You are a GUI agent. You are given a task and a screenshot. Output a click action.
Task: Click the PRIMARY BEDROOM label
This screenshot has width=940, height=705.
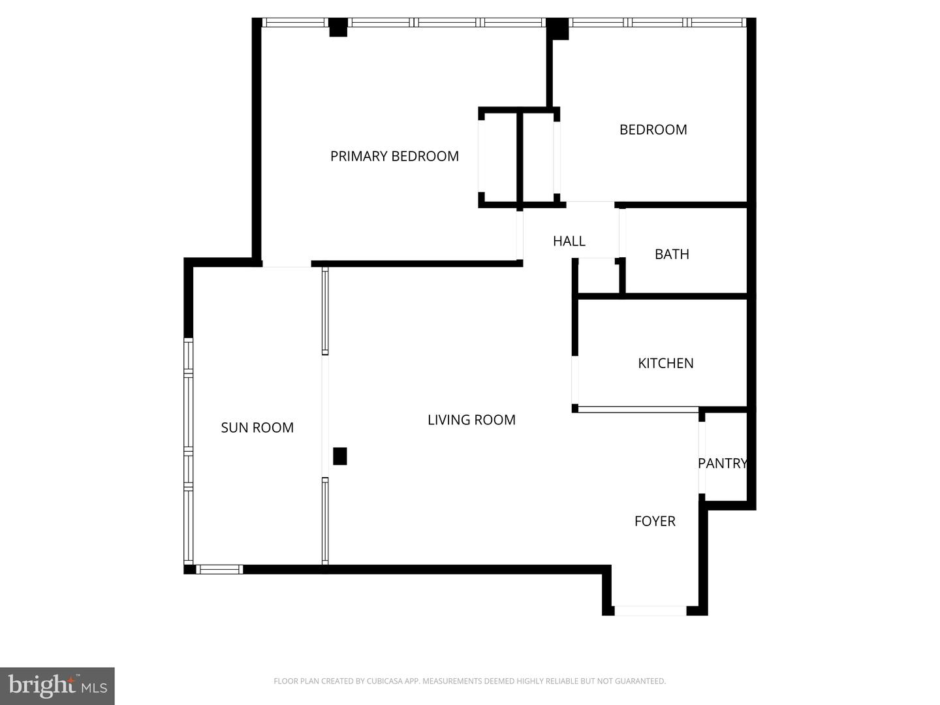click(394, 156)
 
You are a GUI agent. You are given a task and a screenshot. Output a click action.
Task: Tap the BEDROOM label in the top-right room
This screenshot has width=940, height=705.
click(653, 129)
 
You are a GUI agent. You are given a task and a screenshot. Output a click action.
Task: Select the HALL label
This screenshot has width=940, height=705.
click(569, 241)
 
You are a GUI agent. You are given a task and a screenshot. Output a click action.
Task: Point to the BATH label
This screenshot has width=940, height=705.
click(672, 254)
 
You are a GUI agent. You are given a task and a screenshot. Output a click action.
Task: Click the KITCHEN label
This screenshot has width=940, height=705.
click(665, 363)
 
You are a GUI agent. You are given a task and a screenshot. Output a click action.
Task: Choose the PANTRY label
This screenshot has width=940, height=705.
click(722, 463)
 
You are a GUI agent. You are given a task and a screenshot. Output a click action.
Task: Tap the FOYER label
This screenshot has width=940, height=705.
click(655, 521)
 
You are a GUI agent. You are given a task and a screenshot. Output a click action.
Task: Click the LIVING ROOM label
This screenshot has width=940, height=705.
click(471, 420)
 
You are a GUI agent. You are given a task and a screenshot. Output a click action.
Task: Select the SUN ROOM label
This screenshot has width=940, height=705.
click(257, 428)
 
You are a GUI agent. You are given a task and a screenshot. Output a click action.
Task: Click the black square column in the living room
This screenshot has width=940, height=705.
click(339, 456)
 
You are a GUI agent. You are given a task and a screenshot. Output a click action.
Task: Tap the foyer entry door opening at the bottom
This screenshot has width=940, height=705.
click(650, 611)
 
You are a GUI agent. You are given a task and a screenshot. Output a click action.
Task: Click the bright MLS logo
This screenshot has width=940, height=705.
click(57, 685)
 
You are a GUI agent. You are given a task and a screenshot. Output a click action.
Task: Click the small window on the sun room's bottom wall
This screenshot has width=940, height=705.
click(219, 569)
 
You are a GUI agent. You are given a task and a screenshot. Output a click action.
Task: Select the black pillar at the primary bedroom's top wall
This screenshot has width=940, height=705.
click(338, 28)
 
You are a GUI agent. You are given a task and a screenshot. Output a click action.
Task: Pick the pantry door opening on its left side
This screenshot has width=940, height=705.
click(702, 458)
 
